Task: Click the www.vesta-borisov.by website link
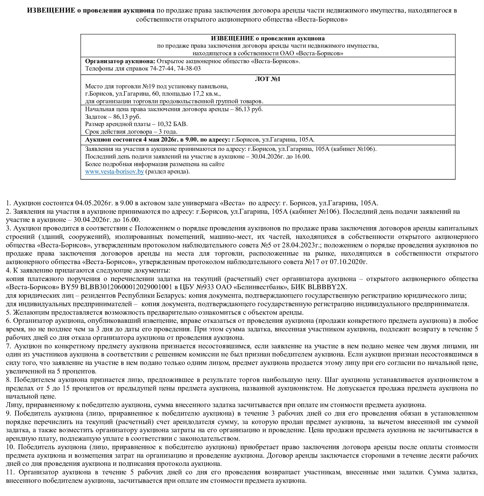[x=114, y=171]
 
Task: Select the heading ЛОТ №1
[x=268, y=79]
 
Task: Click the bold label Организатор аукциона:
[x=120, y=61]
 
